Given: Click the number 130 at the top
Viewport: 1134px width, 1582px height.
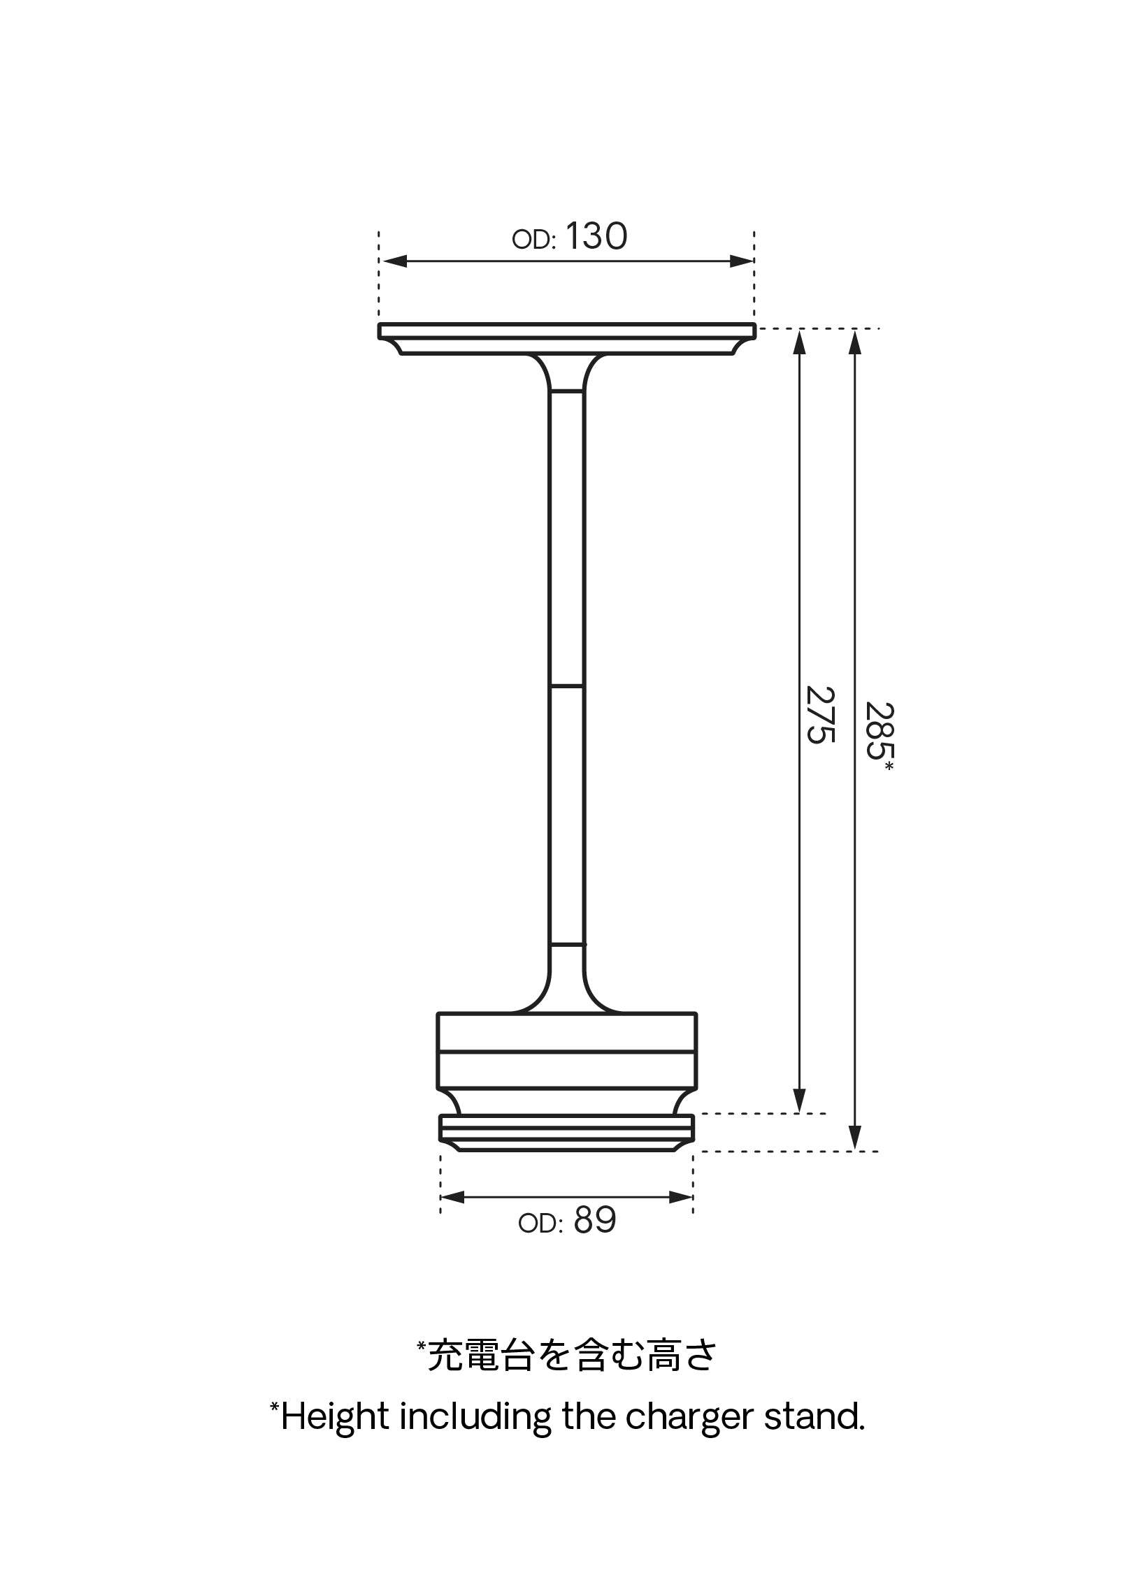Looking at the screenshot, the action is [596, 236].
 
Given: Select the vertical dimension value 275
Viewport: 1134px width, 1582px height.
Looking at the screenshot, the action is [821, 715].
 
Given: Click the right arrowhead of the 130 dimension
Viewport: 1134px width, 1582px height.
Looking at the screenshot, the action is [740, 261].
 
